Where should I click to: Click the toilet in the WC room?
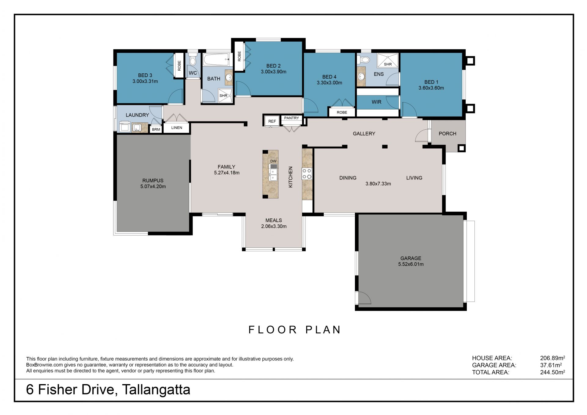click(193, 60)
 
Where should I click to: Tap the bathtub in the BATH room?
click(216, 59)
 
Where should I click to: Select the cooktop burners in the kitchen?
click(307, 174)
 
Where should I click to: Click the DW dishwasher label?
click(273, 161)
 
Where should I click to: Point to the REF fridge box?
click(272, 121)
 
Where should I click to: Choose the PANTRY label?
click(291, 118)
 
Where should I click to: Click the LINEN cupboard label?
click(177, 128)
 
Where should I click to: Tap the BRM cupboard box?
click(156, 129)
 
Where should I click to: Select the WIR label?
click(376, 102)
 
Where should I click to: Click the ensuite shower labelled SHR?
click(388, 60)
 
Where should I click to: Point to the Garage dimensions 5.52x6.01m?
click(411, 264)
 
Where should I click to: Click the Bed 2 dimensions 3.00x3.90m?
click(274, 72)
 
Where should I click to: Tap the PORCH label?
click(447, 134)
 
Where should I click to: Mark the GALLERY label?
click(364, 134)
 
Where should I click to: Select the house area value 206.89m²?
click(552, 358)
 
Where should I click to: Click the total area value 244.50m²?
click(552, 372)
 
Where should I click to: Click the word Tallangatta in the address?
click(156, 390)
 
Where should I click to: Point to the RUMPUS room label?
click(153, 180)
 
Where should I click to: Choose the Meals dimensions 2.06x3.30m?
click(274, 226)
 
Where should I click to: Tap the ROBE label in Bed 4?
click(342, 113)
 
